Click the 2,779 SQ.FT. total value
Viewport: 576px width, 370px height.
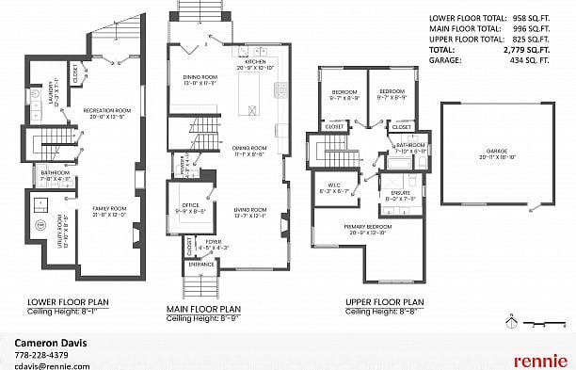point(531,49)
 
